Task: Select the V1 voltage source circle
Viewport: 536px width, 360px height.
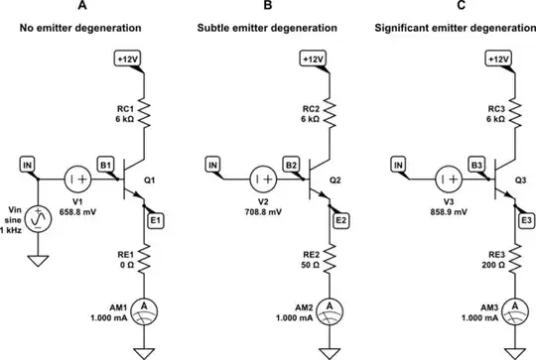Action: (78, 180)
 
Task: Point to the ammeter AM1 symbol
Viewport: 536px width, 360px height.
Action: (146, 305)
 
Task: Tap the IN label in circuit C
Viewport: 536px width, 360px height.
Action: (398, 165)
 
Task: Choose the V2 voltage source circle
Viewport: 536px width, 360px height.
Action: (263, 180)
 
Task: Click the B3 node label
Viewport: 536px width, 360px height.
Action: (477, 165)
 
